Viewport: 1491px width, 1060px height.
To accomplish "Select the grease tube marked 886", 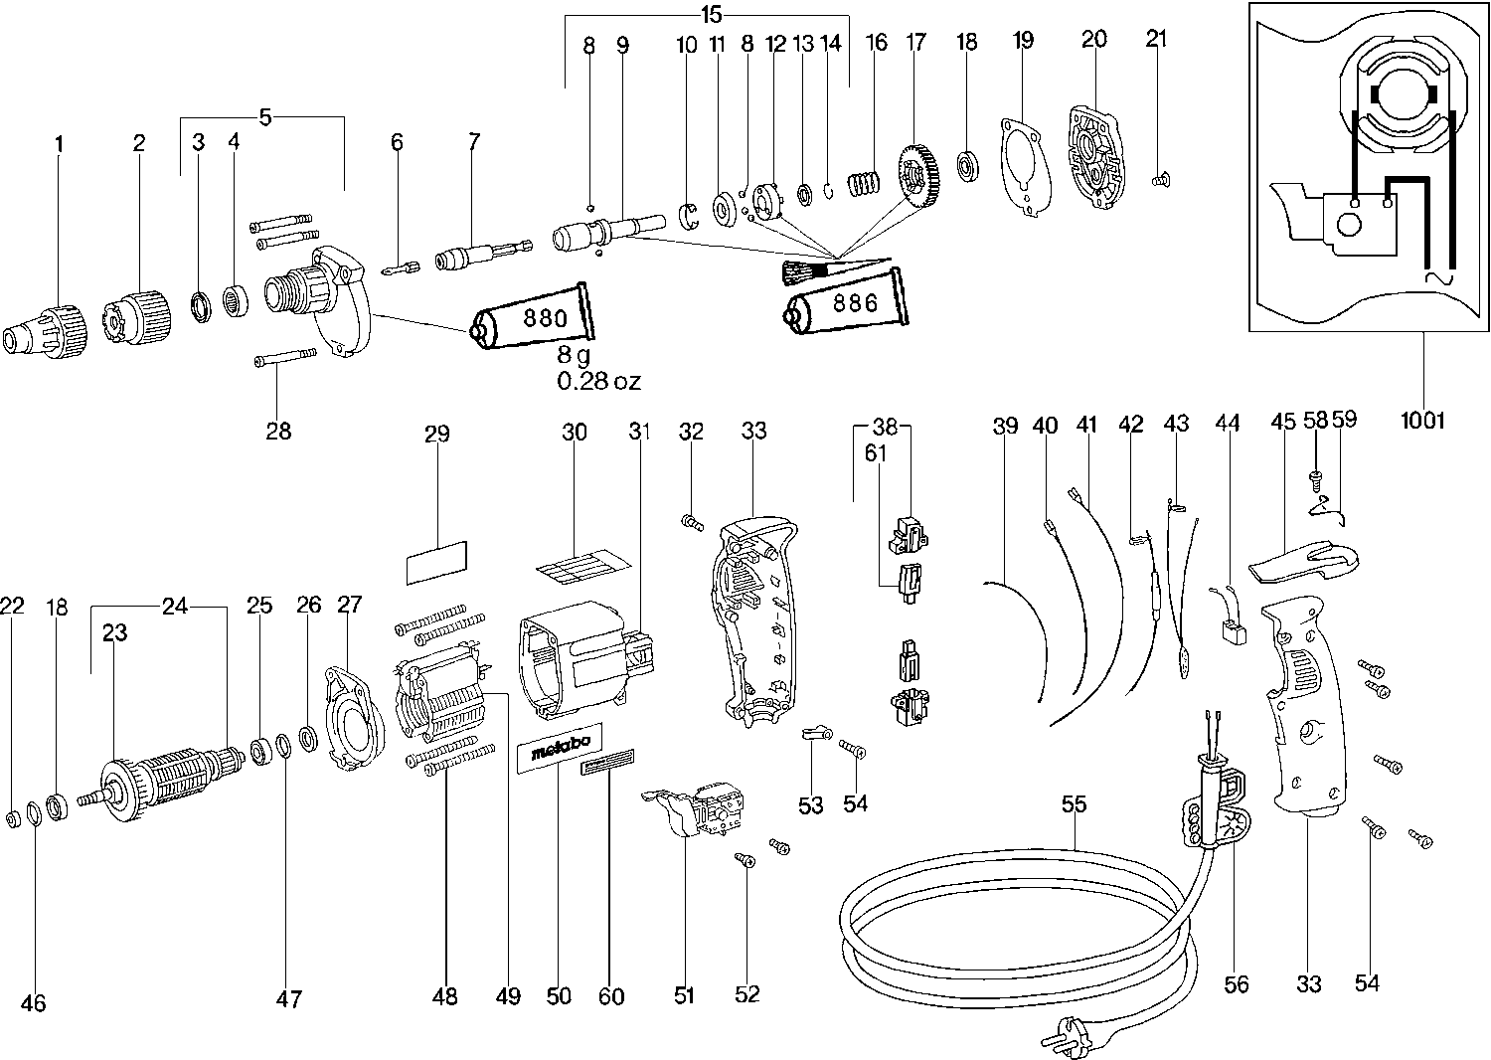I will pyautogui.click(x=845, y=303).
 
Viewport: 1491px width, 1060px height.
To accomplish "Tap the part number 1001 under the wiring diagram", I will pyautogui.click(x=1421, y=420).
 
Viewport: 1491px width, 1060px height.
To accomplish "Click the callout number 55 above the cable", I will pyautogui.click(x=1074, y=804).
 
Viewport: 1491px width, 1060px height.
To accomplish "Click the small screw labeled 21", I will pyautogui.click(x=1159, y=180).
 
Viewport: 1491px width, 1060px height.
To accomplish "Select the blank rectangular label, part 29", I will pyautogui.click(x=436, y=562).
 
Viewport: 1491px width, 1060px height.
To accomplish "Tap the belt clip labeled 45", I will pyautogui.click(x=1297, y=563).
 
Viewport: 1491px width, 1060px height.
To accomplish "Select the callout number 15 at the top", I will pyautogui.click(x=710, y=15).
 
